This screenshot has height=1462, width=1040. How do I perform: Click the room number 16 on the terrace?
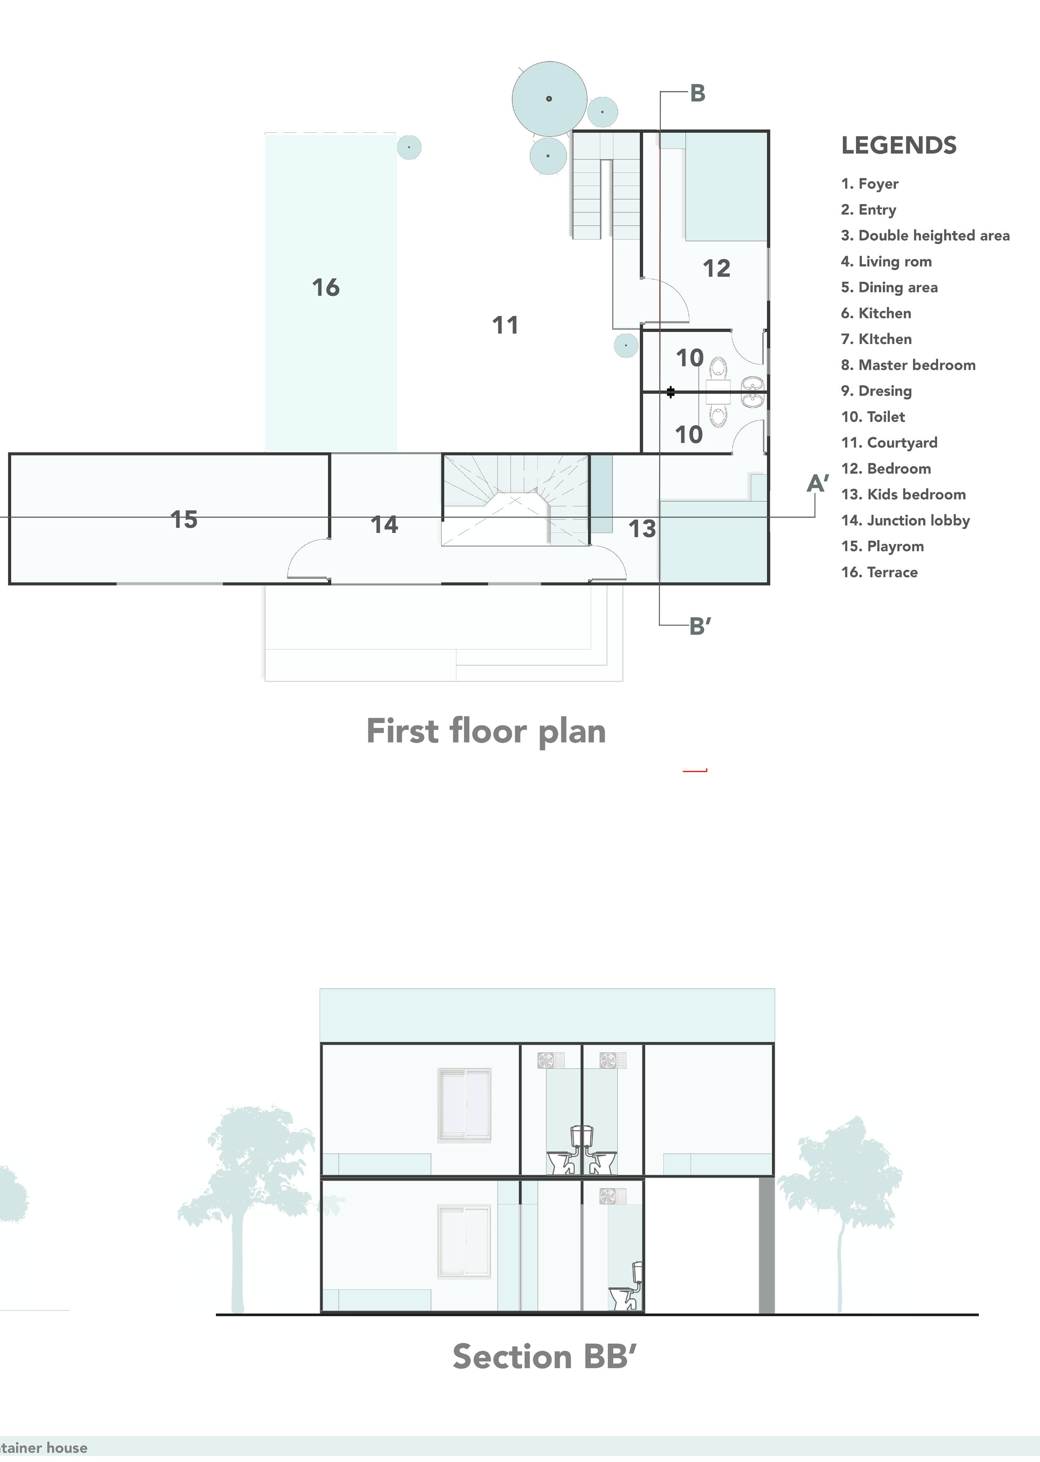click(x=325, y=287)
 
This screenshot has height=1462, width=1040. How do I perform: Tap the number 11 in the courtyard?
click(x=505, y=325)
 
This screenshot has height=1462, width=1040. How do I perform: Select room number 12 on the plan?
click(x=716, y=268)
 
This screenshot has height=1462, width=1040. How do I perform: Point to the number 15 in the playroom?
click(x=184, y=519)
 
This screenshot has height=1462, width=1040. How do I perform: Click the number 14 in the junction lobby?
click(x=384, y=525)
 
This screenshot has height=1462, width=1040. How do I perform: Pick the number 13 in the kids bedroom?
click(x=642, y=529)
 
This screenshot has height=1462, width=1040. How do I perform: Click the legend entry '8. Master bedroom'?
click(x=908, y=365)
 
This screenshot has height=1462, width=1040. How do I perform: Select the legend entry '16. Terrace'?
click(x=879, y=572)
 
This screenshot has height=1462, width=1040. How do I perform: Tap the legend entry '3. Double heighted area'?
click(x=926, y=236)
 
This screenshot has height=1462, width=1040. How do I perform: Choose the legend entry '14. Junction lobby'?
click(x=906, y=520)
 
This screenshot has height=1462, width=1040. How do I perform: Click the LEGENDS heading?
click(x=898, y=145)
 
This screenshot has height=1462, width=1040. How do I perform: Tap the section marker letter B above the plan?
click(x=698, y=94)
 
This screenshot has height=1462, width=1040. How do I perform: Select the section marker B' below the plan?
click(x=700, y=627)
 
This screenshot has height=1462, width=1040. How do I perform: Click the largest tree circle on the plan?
click(x=550, y=99)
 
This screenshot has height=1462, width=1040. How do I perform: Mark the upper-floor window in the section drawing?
click(x=464, y=1105)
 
